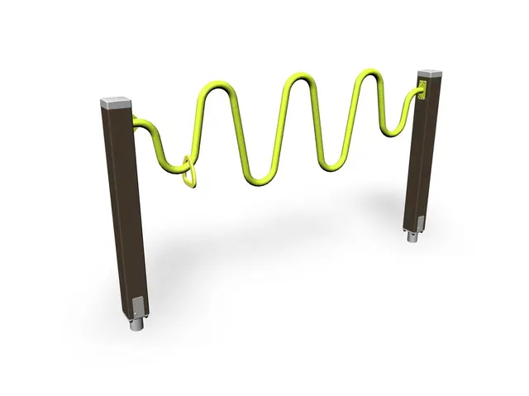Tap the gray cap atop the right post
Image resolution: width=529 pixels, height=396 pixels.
click(431, 76)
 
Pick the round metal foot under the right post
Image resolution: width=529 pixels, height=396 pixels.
click(412, 238)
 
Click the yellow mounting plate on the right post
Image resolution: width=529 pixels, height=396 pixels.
click(422, 90)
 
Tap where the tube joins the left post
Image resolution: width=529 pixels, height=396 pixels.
click(137, 121)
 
